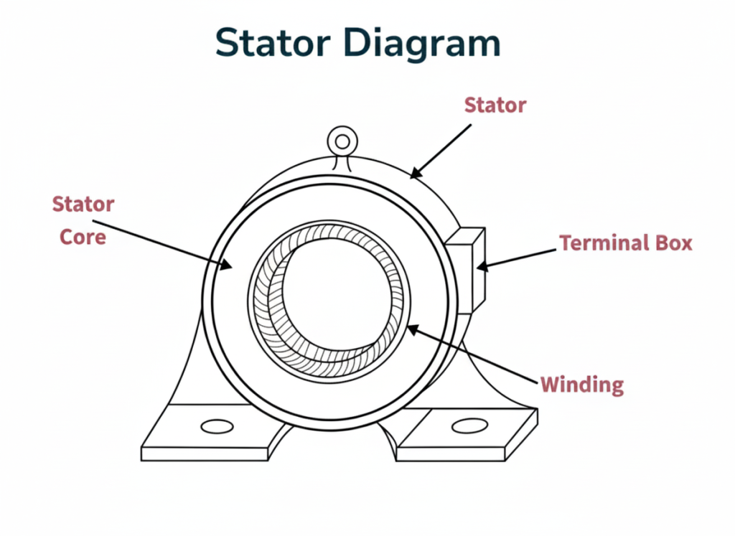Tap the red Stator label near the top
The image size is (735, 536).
tap(495, 105)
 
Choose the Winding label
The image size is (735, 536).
tap(581, 385)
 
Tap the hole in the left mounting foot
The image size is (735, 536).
tap(217, 426)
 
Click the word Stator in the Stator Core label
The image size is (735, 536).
tap(83, 204)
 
